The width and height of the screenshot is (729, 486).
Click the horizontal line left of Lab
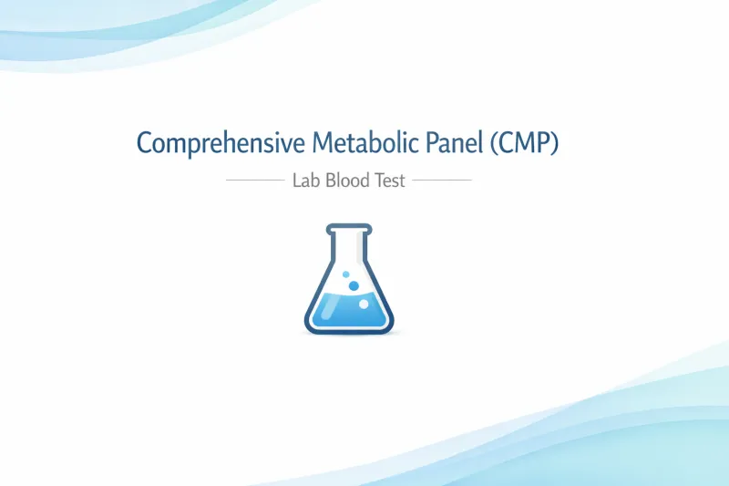pyautogui.click(x=254, y=181)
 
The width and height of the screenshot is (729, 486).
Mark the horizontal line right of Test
pyautogui.click(x=442, y=181)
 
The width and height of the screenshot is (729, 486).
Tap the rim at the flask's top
pyautogui.click(x=350, y=227)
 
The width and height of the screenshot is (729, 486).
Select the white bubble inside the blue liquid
pyautogui.click(x=364, y=304)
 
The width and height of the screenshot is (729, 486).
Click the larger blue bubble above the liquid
pyautogui.click(x=354, y=285)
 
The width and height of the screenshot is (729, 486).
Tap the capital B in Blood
pyautogui.click(x=332, y=181)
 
